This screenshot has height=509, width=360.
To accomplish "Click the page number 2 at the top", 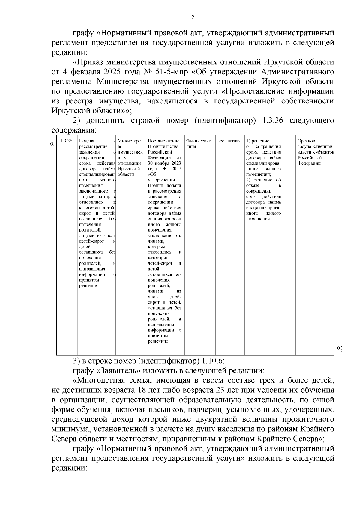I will click(x=193, y=17).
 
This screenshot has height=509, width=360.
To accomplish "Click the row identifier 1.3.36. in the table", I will click(x=67, y=141).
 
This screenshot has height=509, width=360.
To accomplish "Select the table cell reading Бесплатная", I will click(x=229, y=141).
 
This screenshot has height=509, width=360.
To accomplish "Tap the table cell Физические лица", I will click(x=198, y=144).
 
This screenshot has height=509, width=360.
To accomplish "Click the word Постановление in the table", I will click(x=164, y=141).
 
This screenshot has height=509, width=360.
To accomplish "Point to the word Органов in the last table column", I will click(x=306, y=141).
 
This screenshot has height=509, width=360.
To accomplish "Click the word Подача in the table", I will click(x=87, y=141).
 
